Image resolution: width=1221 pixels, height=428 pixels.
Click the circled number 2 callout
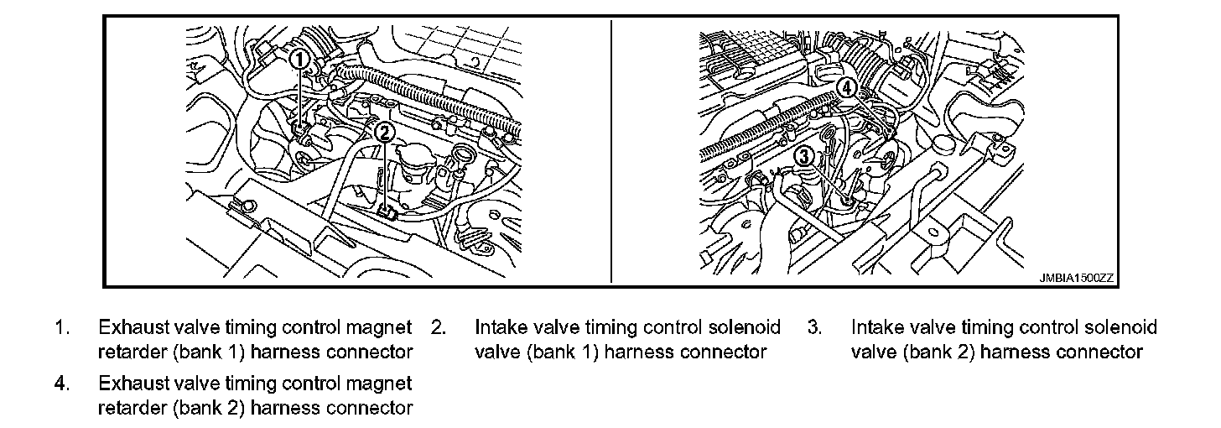pos(384,132)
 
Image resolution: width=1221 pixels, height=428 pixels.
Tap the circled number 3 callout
pos(804,157)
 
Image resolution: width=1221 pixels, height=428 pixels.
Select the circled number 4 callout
pos(845,87)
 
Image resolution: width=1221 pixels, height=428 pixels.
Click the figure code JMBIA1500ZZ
pos(1077,278)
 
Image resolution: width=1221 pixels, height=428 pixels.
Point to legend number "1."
pos(62,327)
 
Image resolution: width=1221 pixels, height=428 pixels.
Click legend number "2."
pos(439,327)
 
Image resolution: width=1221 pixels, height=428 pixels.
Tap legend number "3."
pos(815,327)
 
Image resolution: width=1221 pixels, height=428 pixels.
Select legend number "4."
pos(62,384)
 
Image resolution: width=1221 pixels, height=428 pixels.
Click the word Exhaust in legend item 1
pos(133,327)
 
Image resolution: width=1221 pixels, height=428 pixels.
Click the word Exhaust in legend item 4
pos(133,384)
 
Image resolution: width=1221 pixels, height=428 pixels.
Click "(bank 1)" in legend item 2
pos(563,352)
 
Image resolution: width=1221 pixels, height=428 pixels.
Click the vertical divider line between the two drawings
pos(611,151)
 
